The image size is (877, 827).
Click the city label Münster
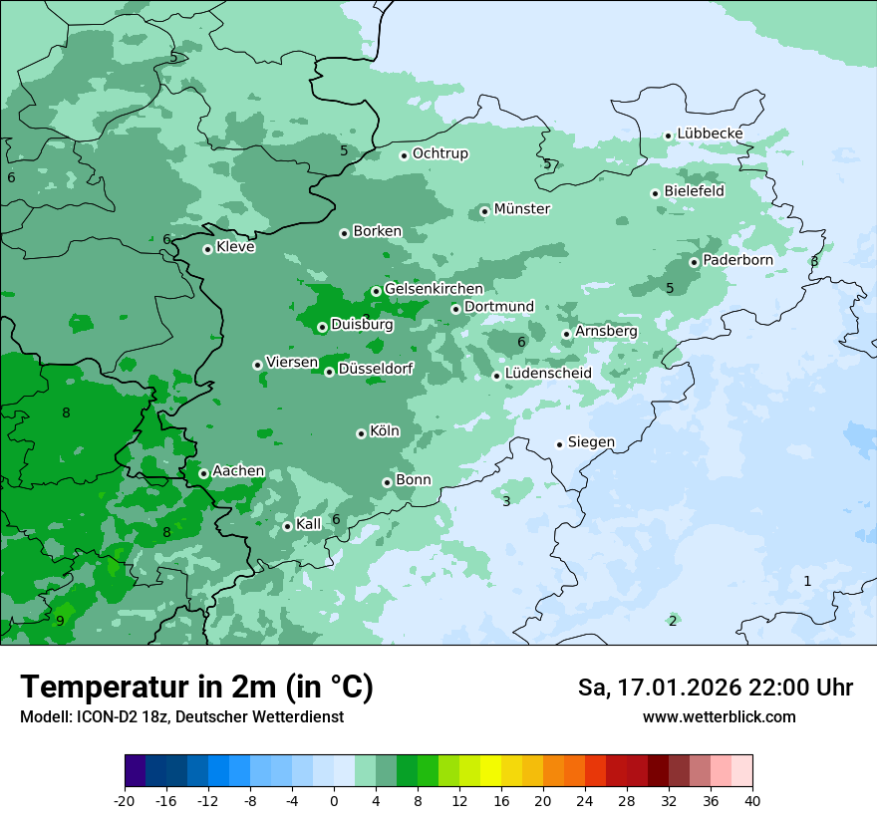[521, 209]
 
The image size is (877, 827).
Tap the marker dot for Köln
[361, 433]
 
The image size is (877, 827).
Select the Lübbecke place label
[710, 135]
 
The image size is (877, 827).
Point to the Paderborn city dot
[694, 262]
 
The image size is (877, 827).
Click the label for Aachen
[238, 471]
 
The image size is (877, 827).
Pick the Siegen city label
[591, 442]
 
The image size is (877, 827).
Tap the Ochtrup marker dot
[404, 155]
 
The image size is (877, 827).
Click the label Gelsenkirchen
[434, 289]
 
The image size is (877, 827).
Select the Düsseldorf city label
[376, 370]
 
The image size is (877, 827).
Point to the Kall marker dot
[287, 526]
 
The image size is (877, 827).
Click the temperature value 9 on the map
[60, 621]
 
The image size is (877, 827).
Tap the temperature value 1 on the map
[807, 581]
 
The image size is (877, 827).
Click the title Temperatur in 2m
[196, 688]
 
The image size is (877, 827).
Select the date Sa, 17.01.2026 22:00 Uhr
[715, 688]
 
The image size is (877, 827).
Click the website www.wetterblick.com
[719, 716]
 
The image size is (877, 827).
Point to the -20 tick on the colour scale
[125, 800]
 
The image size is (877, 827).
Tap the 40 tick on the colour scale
[752, 800]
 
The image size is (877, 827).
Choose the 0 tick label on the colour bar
[334, 800]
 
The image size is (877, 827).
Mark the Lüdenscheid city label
[548, 374]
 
